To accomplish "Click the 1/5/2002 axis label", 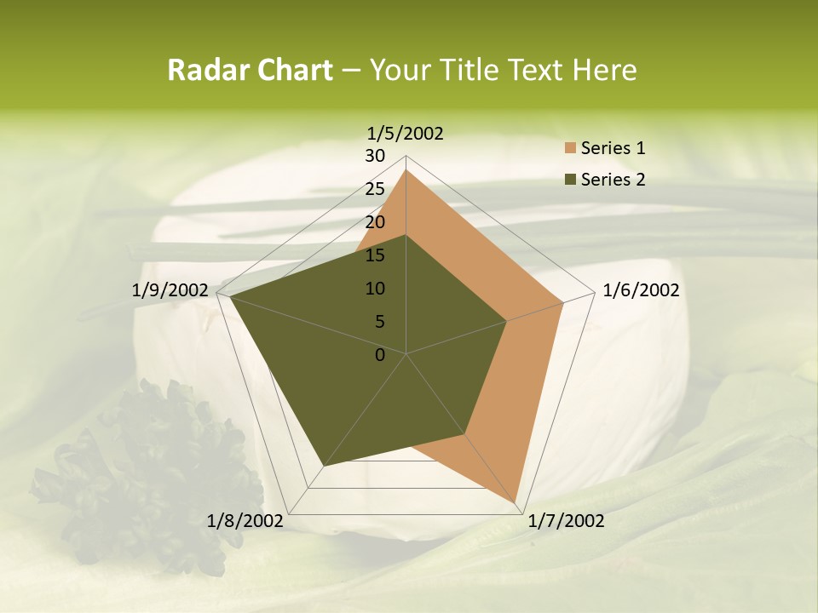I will [406, 133].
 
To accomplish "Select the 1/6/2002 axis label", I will [641, 290].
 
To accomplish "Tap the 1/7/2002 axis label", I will [566, 521].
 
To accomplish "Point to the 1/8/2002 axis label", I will [245, 521].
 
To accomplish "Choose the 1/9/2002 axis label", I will [170, 290].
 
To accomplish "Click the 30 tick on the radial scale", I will [375, 156].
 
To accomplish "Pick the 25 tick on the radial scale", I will [375, 189].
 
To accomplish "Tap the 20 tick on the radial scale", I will [375, 222].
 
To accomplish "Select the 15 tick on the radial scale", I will [375, 255].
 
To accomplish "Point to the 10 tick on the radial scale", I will [375, 289].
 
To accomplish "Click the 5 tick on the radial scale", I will [379, 322].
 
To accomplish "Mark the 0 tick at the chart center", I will [380, 355].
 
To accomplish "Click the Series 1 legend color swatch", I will [568, 148].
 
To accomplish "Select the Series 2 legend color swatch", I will [568, 180].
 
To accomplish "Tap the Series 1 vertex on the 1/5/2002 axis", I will [406, 169].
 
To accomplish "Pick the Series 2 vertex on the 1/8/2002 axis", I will [324, 467].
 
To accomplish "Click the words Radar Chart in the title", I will [250, 70].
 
